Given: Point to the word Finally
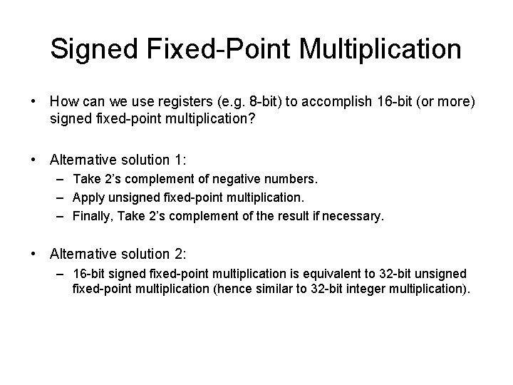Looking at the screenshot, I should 92,215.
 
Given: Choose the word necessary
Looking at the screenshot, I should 354,215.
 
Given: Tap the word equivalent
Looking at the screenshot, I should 318,274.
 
